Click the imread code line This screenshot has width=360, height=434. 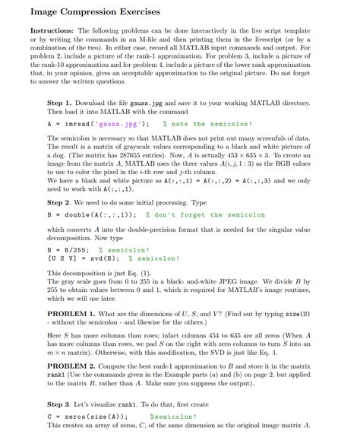(x=95, y=123)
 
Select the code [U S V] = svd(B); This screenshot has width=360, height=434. (x=79, y=258)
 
